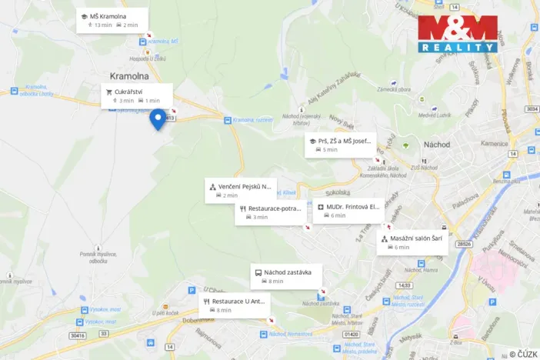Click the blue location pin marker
click(x=158, y=118)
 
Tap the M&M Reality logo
click(x=458, y=34)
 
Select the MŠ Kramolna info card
click(x=113, y=20)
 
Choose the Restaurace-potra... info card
click(x=270, y=212)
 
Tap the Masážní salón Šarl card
click(x=412, y=242)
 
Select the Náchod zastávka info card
click(x=286, y=276)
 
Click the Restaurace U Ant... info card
click(x=235, y=305)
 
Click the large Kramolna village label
click(x=129, y=76)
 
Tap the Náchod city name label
click(x=436, y=145)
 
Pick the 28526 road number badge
click(x=463, y=244)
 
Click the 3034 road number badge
click(x=530, y=109)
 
